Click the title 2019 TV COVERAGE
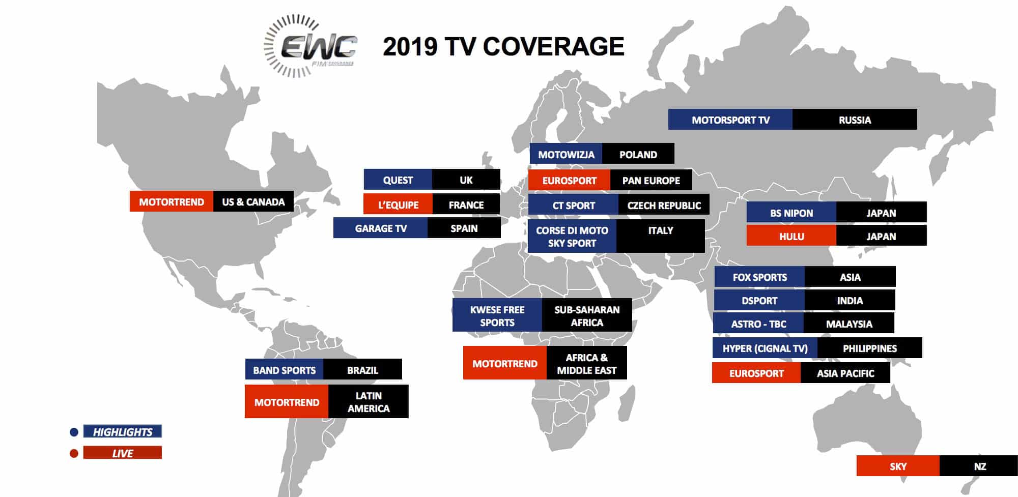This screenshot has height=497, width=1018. point(503,47)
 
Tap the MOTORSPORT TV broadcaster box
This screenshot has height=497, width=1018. point(730,120)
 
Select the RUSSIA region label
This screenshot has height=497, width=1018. point(855,120)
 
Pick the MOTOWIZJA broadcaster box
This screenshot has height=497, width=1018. point(566,154)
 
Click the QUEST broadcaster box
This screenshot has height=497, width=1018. point(398,180)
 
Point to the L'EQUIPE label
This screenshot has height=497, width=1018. point(398,204)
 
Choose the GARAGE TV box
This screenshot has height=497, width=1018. point(381,228)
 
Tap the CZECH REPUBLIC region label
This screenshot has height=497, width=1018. point(664,205)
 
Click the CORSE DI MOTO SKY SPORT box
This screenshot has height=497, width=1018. point(572,237)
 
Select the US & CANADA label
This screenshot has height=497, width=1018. point(253,201)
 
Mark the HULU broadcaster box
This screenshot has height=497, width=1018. point(791,236)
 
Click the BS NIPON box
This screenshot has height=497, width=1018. point(791,213)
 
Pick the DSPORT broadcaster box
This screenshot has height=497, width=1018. point(759,300)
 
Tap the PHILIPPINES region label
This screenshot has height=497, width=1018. point(870,348)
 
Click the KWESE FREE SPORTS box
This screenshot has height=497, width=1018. point(497,315)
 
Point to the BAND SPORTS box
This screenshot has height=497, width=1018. point(285,369)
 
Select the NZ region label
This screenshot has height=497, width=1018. point(979,466)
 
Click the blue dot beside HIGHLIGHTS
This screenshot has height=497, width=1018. point(74,432)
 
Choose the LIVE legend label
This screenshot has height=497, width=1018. point(123,453)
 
